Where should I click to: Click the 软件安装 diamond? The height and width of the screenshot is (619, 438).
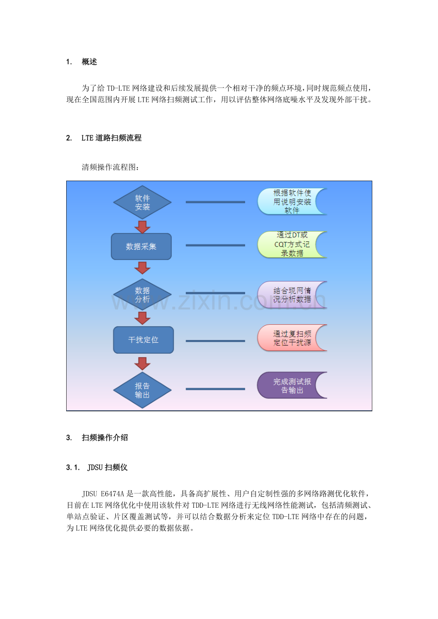tap(142, 202)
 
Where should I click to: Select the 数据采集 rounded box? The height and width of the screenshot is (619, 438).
tap(141, 246)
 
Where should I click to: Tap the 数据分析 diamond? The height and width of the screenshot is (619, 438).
tap(142, 295)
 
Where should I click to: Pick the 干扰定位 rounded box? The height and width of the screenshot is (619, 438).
tap(143, 339)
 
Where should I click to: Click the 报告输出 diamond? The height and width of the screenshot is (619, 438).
tap(142, 390)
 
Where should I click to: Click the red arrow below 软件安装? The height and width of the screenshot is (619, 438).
tap(142, 227)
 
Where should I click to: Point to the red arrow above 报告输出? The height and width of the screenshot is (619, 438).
tap(142, 364)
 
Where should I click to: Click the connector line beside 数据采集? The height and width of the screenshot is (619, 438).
tap(215, 245)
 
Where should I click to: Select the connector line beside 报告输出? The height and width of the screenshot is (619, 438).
tap(215, 389)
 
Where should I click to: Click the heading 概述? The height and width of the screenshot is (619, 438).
tap(90, 62)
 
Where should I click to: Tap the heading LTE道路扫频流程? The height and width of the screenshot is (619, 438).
tap(111, 137)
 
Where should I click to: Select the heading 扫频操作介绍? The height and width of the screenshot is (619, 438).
tap(105, 437)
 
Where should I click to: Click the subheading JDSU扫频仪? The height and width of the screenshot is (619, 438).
tap(107, 467)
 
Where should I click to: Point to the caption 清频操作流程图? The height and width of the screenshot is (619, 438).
tap(110, 167)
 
